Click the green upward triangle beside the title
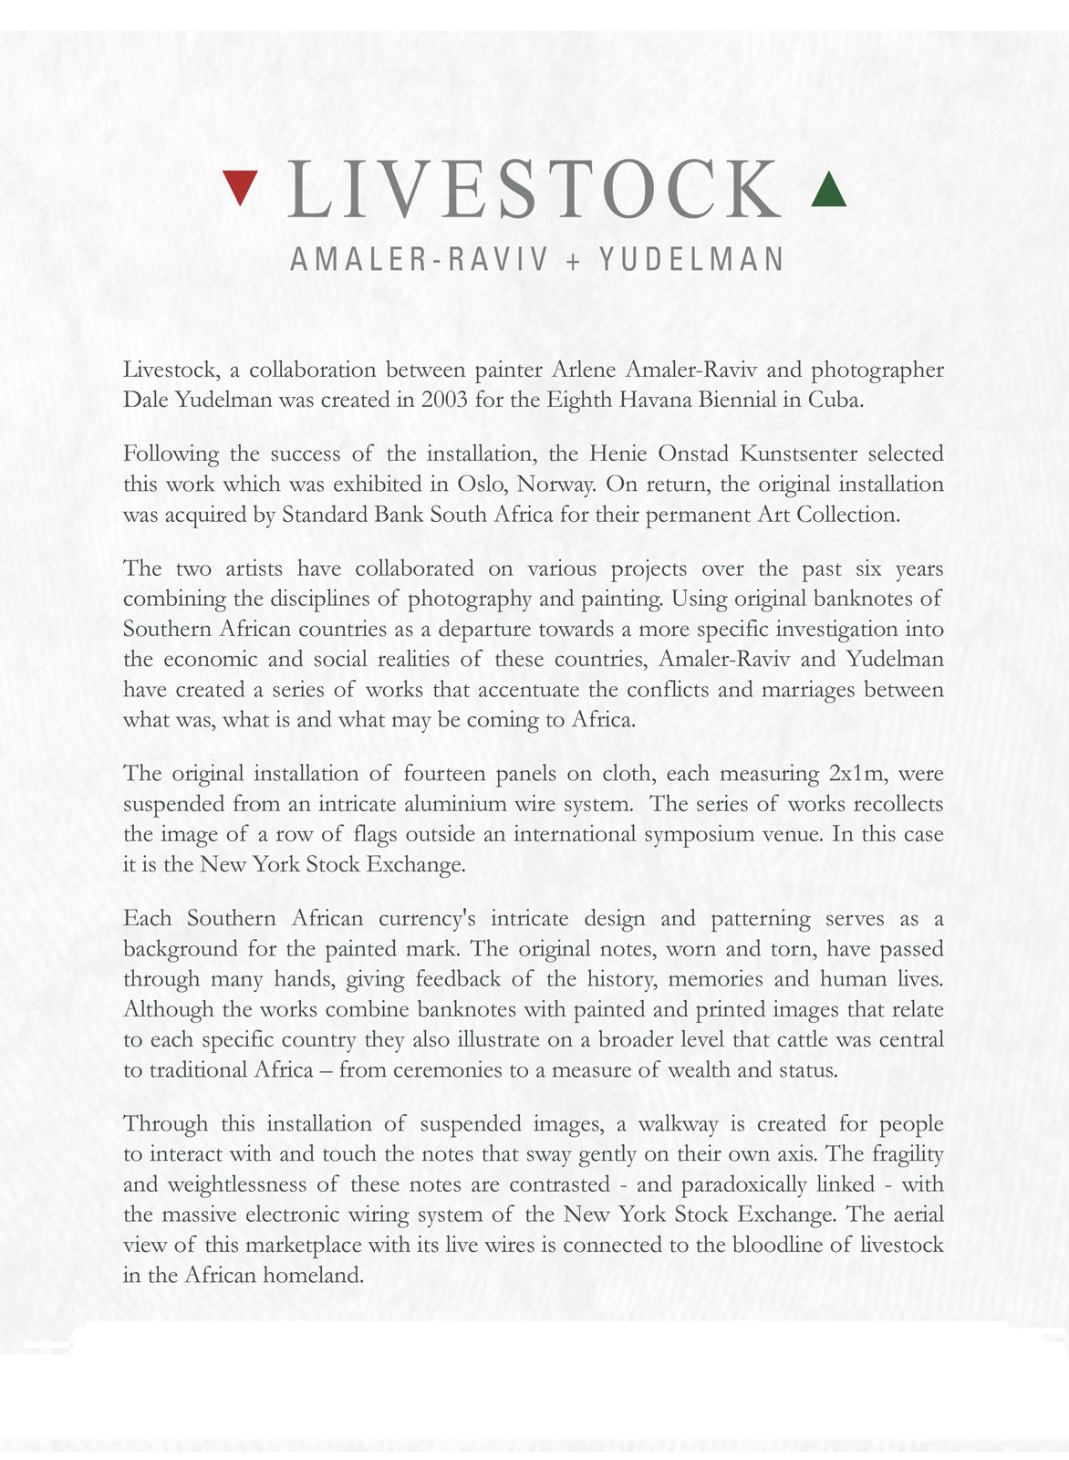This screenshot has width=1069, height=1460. (828, 191)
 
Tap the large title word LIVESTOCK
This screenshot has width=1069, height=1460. (534, 190)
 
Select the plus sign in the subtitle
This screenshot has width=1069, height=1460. (573, 261)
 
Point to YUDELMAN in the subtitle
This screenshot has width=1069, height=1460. (691, 260)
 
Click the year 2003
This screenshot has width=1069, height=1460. (444, 400)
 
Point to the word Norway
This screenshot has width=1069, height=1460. (563, 484)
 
